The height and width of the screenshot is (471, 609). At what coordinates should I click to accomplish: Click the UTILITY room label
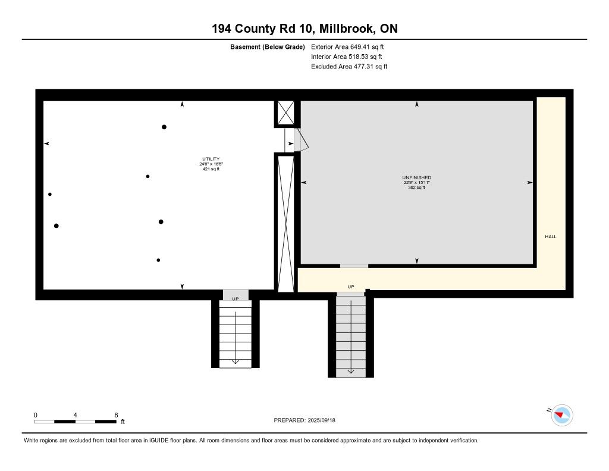coord(211,159)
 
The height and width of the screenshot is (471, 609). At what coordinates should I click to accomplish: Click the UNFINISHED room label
coord(417,178)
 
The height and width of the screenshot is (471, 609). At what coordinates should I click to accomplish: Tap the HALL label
coord(551,236)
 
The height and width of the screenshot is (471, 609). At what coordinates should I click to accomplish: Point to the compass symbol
coord(562,416)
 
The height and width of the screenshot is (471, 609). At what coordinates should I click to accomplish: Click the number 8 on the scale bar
coord(116,415)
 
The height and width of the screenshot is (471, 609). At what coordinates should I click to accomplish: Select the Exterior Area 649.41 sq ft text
coord(347,46)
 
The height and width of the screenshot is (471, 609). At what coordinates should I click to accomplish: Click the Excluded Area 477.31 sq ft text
coord(349,67)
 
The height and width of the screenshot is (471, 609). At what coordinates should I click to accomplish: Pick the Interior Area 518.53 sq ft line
coord(347,57)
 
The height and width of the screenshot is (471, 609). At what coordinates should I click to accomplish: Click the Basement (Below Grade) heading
coord(268,47)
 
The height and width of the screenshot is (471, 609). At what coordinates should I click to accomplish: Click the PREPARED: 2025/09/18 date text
coord(304,420)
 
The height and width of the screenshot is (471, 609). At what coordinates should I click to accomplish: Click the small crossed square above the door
coord(285,113)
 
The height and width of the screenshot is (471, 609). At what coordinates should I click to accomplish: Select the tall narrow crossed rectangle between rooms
coord(285,223)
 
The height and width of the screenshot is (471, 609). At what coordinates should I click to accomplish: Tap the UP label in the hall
coord(351,286)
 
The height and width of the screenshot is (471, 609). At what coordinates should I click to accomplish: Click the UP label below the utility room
coord(236,299)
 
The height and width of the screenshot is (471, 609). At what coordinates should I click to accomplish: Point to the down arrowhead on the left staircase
coord(236,361)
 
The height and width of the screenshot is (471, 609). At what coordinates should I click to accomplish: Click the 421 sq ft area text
coord(211,169)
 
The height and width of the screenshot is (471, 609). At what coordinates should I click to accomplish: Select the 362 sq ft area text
coord(417,188)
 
